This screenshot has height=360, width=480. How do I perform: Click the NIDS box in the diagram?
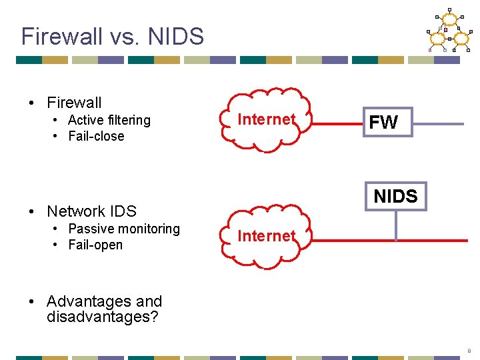pos(395,196)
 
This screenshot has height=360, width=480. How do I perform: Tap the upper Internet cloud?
pos(266,120)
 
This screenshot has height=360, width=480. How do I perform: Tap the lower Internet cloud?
pos(266,237)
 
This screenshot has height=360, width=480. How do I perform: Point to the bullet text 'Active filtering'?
pos(109,120)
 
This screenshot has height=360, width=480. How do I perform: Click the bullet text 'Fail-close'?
pos(96,136)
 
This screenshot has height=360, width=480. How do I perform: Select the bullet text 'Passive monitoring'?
pos(124,229)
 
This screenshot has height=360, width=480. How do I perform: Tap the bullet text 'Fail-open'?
pos(95,245)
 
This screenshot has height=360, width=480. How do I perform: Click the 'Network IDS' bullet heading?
pos(91,211)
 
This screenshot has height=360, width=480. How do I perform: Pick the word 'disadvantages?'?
pos(103,317)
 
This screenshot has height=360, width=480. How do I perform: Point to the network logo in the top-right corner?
pos(447,31)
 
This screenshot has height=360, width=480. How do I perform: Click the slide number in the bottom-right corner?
pos(469,350)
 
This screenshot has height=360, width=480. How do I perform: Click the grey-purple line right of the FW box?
pos(438,123)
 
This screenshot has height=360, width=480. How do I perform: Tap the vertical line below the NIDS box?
pos(395,225)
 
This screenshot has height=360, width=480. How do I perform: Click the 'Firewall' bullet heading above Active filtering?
pos(74,103)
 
